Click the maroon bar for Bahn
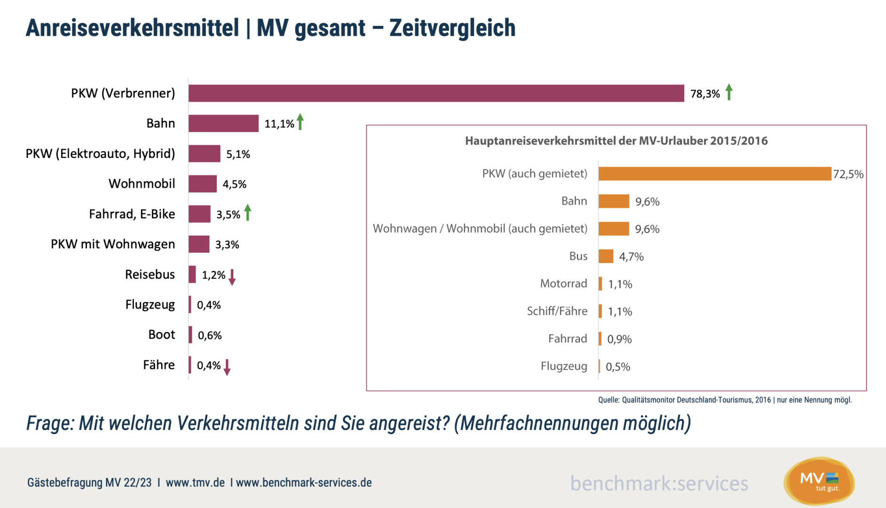point(223,123)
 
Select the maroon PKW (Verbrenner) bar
point(436,93)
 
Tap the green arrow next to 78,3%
point(729,92)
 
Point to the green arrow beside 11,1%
point(301,122)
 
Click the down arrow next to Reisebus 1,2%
point(232,278)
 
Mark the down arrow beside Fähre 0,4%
point(227,367)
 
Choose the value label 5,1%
point(238,154)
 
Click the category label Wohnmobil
point(142,183)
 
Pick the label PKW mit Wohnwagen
point(113,244)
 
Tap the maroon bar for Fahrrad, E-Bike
point(199,214)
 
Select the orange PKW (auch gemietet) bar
point(714,174)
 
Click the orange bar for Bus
point(606,256)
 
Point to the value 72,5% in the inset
point(848,175)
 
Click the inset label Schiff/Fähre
point(557,311)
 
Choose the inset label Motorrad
point(563,284)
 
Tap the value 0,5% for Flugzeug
point(617,367)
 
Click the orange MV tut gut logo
point(819,481)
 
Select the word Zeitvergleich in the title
point(452,28)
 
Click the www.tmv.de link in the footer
point(195,483)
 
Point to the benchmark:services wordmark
point(659,484)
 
